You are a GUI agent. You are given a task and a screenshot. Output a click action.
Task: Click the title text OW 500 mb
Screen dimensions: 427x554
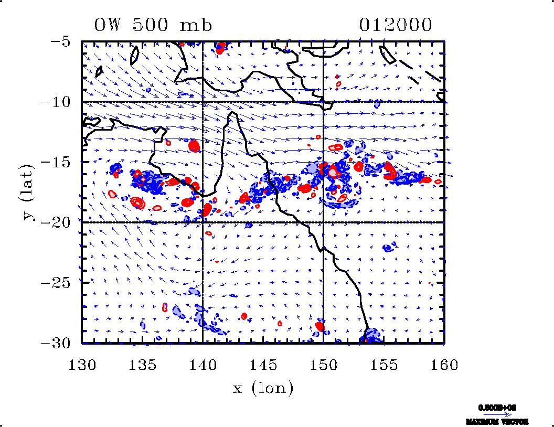(153, 25)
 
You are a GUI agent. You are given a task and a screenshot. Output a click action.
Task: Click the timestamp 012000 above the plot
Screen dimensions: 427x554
(396, 25)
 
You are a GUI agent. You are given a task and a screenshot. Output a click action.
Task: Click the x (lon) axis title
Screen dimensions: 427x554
(263, 389)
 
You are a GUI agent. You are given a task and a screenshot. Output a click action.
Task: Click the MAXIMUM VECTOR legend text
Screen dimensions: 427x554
(497, 422)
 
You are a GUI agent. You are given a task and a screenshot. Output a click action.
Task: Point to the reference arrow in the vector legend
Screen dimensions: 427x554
(497, 414)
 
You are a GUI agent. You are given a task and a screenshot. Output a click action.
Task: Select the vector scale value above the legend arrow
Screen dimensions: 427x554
(497, 407)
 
